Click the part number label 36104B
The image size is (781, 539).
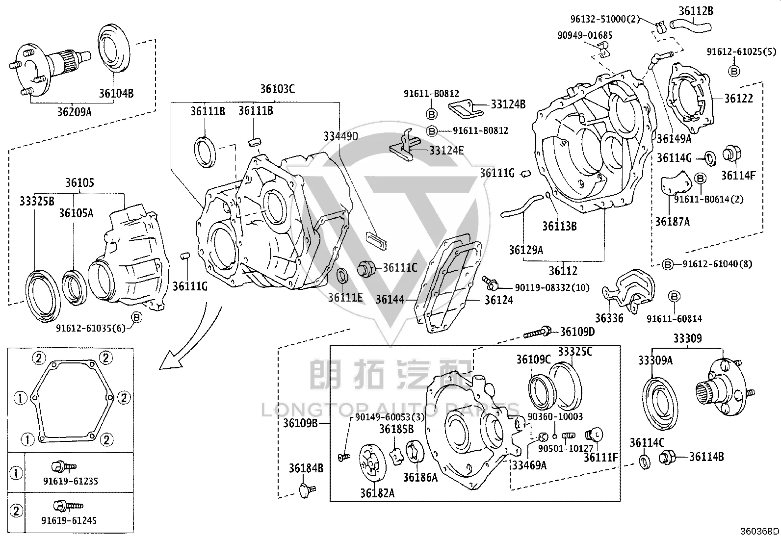click(116, 94)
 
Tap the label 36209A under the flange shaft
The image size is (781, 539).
click(74, 112)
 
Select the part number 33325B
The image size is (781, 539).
click(37, 201)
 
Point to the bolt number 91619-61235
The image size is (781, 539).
click(71, 481)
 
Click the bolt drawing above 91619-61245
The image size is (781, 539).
click(68, 505)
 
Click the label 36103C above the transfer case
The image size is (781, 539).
click(278, 89)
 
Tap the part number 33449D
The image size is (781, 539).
click(341, 136)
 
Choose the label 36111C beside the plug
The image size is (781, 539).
click(400, 268)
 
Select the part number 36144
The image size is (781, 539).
click(390, 300)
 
